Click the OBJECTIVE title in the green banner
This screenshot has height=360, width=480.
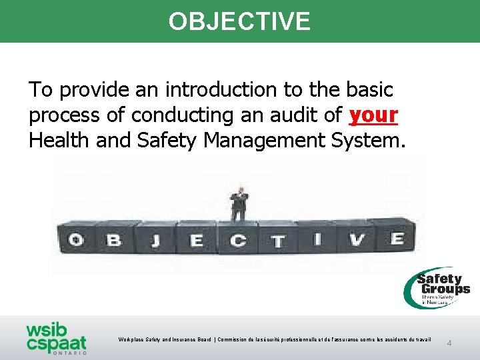[239, 21]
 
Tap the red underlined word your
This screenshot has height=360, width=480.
[373, 115]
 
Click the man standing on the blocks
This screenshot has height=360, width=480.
[238, 203]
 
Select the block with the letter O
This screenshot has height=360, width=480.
[75, 239]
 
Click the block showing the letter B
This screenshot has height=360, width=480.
[114, 239]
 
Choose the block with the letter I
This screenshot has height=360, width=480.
[316, 239]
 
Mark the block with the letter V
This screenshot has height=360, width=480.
[357, 239]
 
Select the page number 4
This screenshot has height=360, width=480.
[449, 343]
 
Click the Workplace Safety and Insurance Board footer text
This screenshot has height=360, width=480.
[275, 340]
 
